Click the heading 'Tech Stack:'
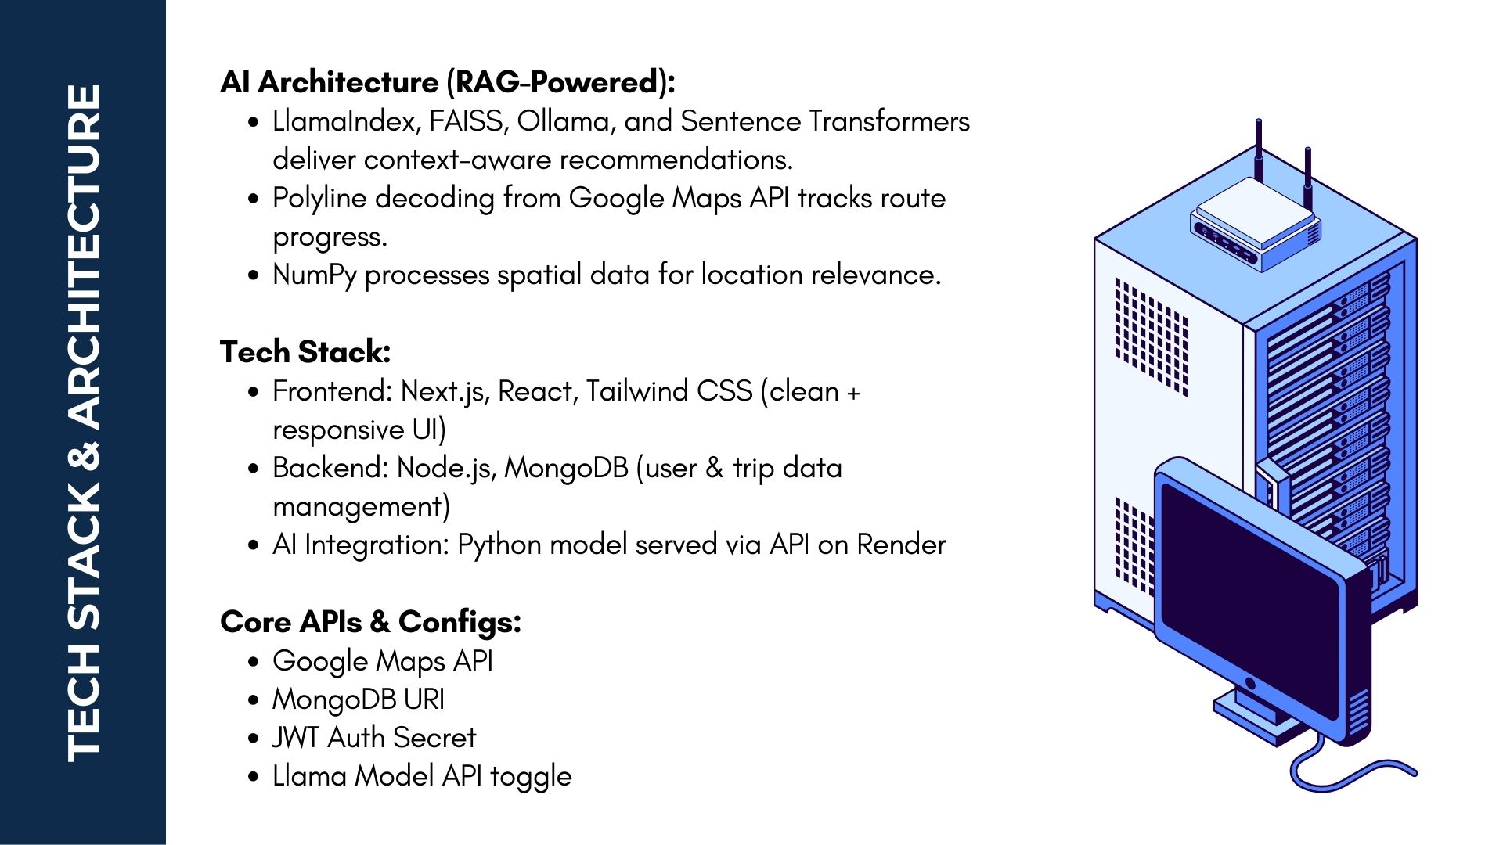click(305, 352)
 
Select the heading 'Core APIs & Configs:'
click(370, 623)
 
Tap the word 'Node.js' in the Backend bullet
click(447, 468)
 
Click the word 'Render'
click(901, 545)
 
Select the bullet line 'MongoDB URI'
click(359, 699)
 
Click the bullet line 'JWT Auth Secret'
click(374, 738)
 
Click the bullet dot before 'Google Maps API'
click(253, 662)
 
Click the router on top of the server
click(1256, 222)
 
